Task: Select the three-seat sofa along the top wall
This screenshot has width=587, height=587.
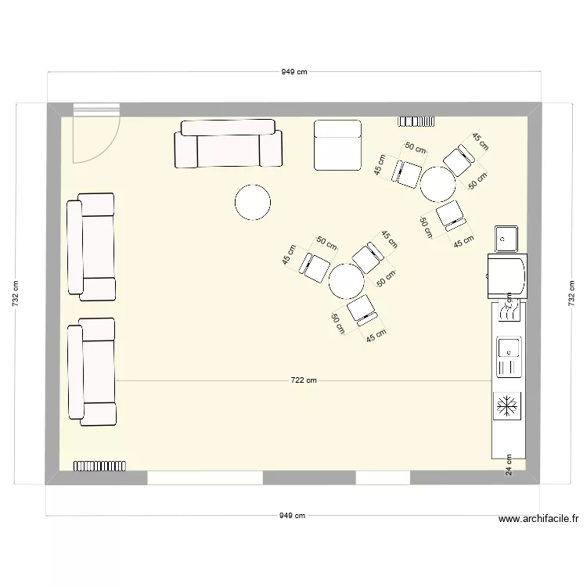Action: [x=228, y=144]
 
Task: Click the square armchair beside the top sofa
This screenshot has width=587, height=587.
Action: [x=337, y=145]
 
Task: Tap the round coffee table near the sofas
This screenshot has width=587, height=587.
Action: [x=253, y=202]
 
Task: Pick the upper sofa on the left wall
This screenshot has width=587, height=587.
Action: [x=92, y=247]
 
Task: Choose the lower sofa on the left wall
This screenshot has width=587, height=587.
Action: [x=92, y=371]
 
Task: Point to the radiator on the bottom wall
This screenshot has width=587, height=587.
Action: [x=99, y=466]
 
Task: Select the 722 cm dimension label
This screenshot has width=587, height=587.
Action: [x=303, y=381]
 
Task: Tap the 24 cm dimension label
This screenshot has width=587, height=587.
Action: [x=509, y=466]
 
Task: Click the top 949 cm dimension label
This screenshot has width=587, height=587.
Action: [x=293, y=72]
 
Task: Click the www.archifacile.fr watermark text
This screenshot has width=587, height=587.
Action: [x=538, y=519]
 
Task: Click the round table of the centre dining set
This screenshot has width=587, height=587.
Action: [x=345, y=281]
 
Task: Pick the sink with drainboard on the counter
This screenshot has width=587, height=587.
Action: [x=508, y=356]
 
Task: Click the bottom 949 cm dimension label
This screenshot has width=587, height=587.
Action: [x=293, y=516]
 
